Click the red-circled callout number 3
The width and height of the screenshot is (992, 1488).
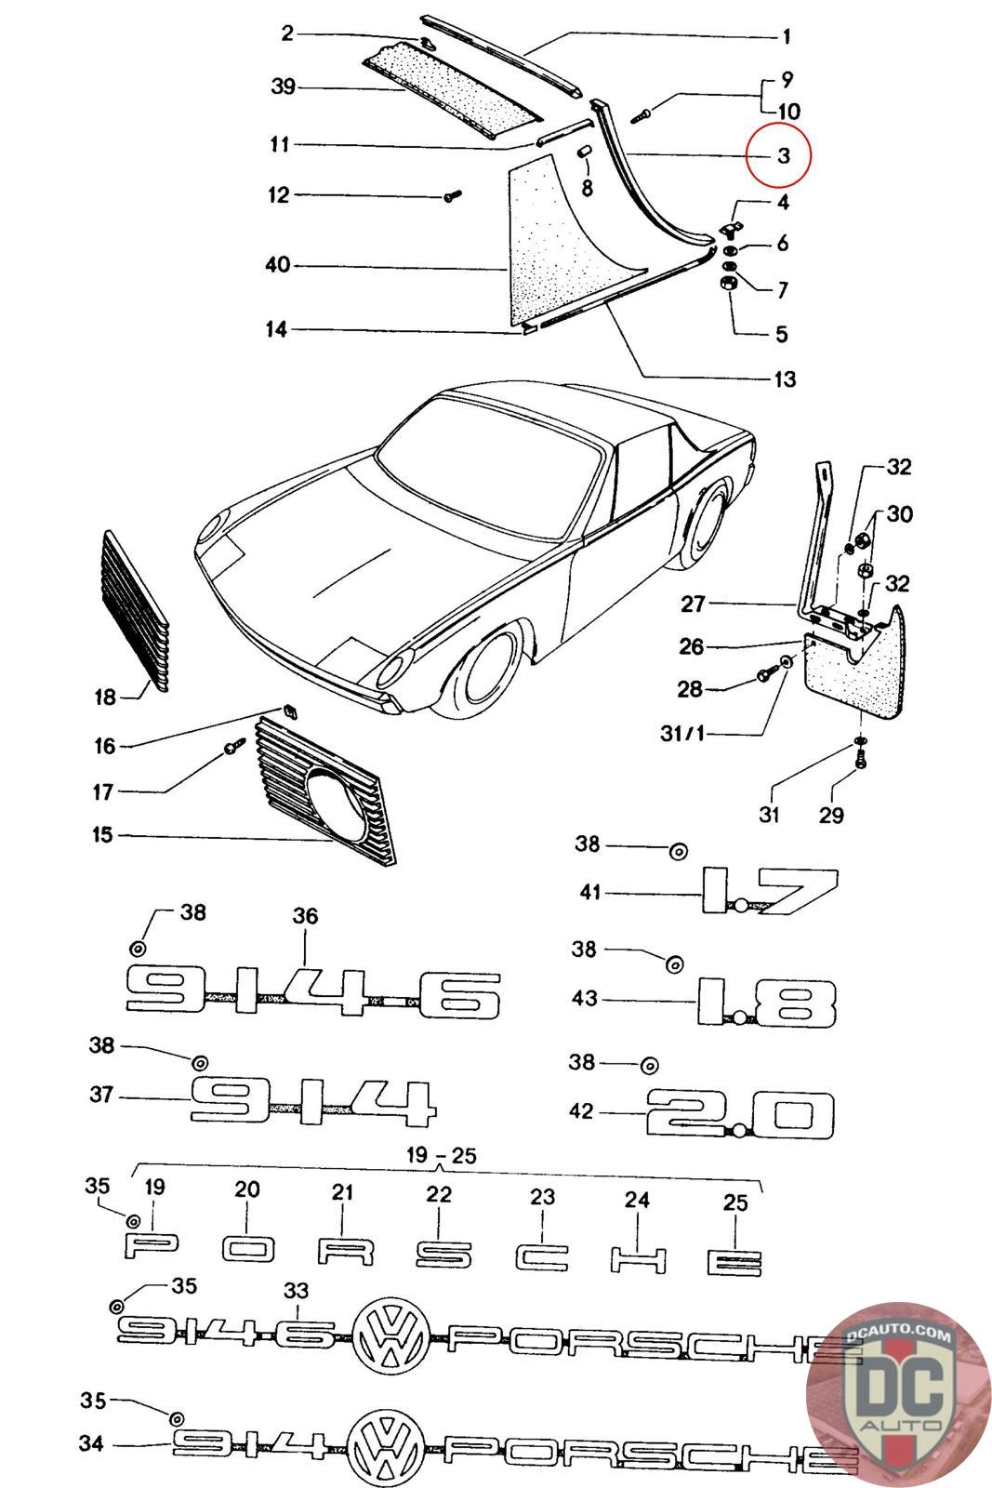point(784,156)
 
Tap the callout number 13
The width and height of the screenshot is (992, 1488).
point(784,379)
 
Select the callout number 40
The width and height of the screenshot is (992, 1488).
point(278,265)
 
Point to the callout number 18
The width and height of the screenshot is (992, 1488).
point(105,697)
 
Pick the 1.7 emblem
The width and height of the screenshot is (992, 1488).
point(769,890)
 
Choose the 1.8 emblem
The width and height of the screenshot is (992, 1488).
point(765,1002)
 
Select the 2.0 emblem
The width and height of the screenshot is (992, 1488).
point(740,1113)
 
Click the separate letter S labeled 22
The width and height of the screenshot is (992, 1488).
point(443,1255)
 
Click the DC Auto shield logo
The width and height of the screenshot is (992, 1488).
point(898,1394)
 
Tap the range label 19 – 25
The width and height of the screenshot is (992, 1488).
point(441,1156)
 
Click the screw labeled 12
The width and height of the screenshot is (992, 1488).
point(453,196)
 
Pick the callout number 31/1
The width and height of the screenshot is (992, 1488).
point(682,734)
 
